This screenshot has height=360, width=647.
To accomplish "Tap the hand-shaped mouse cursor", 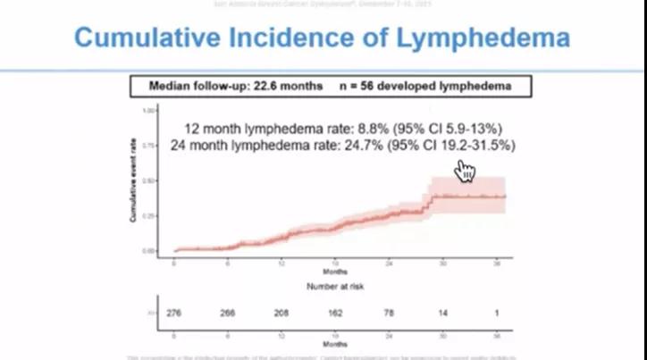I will [x=465, y=170].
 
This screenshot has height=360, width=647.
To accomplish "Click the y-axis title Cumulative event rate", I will [x=132, y=183].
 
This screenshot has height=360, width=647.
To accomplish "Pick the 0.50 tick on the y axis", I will [x=149, y=180].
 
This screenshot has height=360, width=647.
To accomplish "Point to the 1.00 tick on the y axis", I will [x=149, y=110].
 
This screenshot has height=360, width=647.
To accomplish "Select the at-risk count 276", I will [x=175, y=313].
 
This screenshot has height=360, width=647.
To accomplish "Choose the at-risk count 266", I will [x=229, y=313].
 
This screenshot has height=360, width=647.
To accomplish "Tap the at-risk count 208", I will [x=282, y=313].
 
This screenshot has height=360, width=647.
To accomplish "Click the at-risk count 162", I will [x=336, y=313].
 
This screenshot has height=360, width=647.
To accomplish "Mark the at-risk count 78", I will [x=390, y=313].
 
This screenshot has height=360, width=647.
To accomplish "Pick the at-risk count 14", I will [x=443, y=313].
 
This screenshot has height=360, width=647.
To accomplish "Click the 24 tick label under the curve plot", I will [x=390, y=264].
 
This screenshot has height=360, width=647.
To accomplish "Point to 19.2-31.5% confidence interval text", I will [x=477, y=145].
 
